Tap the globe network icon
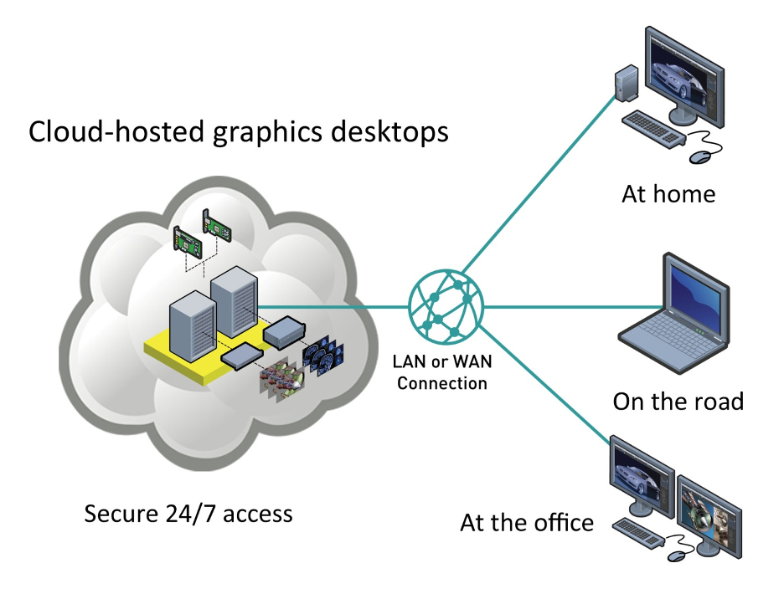(446, 308)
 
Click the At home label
(668, 194)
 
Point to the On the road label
(678, 401)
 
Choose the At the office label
(527, 523)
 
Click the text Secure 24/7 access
(188, 512)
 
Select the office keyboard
(642, 532)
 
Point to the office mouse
(676, 555)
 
